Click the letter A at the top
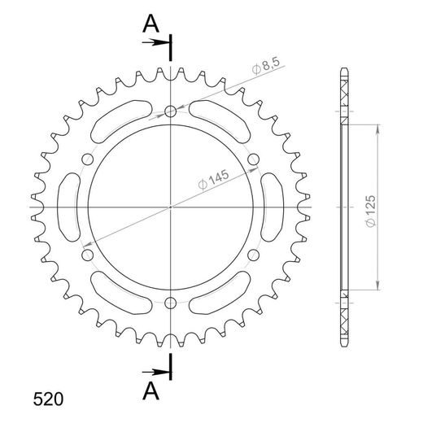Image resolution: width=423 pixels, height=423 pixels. pos(150,25)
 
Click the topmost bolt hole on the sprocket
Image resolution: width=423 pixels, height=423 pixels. pos(170,111)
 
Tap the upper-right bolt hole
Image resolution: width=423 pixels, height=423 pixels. pos(253,159)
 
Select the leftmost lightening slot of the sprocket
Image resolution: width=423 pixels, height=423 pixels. pos(70,207)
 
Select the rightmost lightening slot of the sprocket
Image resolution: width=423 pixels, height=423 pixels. pos(270,207)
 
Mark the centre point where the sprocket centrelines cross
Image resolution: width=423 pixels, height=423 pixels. pos(170,207)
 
